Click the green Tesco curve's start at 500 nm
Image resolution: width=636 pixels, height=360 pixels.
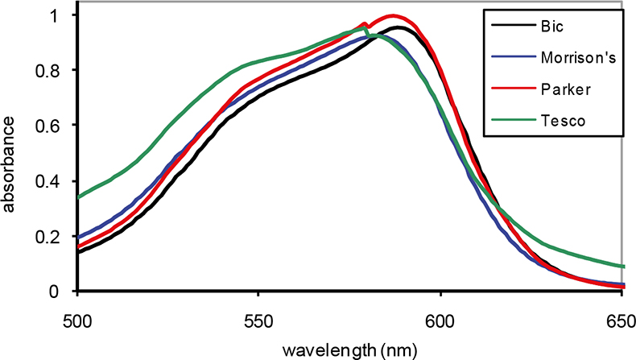tap(79, 196)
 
